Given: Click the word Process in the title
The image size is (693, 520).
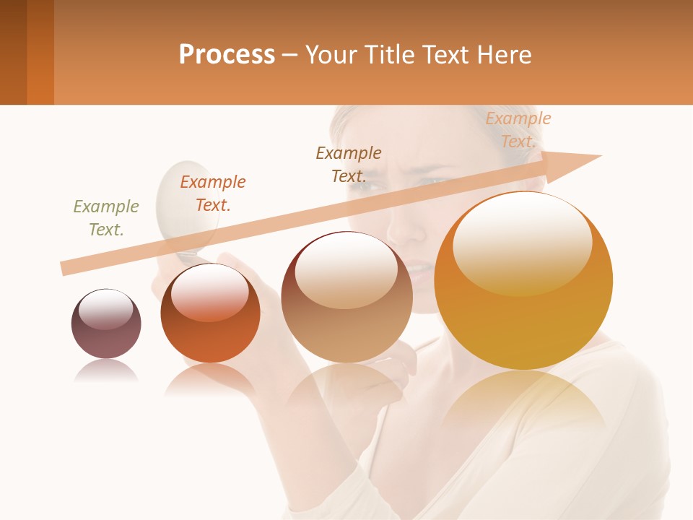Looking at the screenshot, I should pos(227,54).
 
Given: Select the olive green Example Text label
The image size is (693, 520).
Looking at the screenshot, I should pos(106,218).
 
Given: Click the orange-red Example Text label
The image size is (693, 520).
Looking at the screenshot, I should pos(213,194).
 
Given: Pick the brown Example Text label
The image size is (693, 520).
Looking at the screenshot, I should pos(349,165).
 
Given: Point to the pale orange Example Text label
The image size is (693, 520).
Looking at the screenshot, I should pos(518,130).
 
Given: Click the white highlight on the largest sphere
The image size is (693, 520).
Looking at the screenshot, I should pos(522,242).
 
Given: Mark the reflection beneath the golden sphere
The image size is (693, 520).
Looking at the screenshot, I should pos(523,401).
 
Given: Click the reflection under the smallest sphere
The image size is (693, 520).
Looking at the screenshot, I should pos(106,372).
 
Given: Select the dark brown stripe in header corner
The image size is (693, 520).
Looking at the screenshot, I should pos(13,52).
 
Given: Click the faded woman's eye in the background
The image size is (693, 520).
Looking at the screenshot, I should pos(429,181).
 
